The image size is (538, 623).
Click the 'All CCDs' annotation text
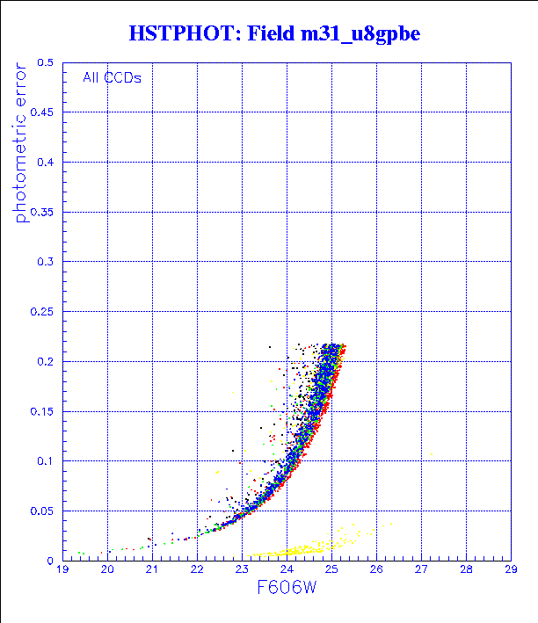(x=113, y=77)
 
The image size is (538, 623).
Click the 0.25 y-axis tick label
(x=43, y=312)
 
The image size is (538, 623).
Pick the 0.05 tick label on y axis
(x=43, y=511)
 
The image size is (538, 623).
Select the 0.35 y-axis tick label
(x=43, y=213)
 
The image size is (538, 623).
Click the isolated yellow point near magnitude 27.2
(x=432, y=454)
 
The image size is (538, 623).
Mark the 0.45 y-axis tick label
(x=43, y=113)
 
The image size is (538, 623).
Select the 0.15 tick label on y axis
(x=43, y=411)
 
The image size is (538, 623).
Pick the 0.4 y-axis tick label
(x=46, y=163)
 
